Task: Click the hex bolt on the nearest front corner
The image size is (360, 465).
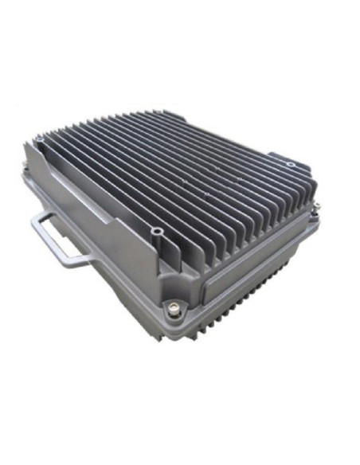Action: tap(171, 306)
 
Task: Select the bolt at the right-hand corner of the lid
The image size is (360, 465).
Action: tap(315, 209)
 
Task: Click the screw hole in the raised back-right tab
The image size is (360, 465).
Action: tap(290, 164)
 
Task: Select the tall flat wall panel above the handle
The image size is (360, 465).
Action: tap(96, 199)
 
